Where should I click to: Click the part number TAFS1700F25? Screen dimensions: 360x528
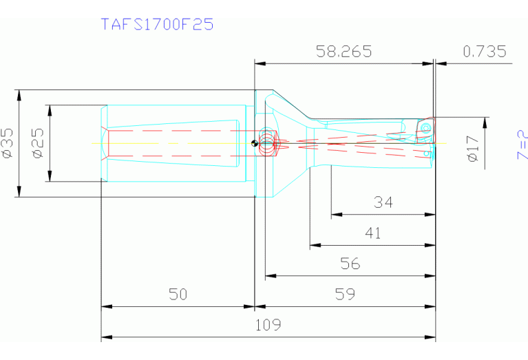click(x=157, y=24)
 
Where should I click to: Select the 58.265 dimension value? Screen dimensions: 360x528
click(x=343, y=51)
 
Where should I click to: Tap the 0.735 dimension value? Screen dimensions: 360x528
click(x=485, y=51)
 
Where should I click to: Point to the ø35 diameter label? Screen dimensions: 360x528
click(x=8, y=143)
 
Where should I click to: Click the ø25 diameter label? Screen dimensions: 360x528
click(x=39, y=143)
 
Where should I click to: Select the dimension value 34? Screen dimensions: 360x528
click(x=383, y=202)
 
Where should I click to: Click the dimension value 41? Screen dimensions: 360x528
click(x=372, y=233)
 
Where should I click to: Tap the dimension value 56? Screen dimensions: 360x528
click(x=350, y=264)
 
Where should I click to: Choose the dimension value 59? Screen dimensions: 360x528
click(x=346, y=294)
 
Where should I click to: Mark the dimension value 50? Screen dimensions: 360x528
click(x=178, y=294)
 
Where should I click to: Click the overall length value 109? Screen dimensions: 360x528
click(x=267, y=324)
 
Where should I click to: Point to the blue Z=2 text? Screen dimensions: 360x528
click(x=522, y=145)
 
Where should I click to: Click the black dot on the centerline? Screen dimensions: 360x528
click(x=255, y=143)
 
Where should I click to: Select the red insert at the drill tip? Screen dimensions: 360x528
click(x=425, y=128)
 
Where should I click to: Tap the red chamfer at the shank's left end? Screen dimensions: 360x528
click(x=105, y=143)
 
